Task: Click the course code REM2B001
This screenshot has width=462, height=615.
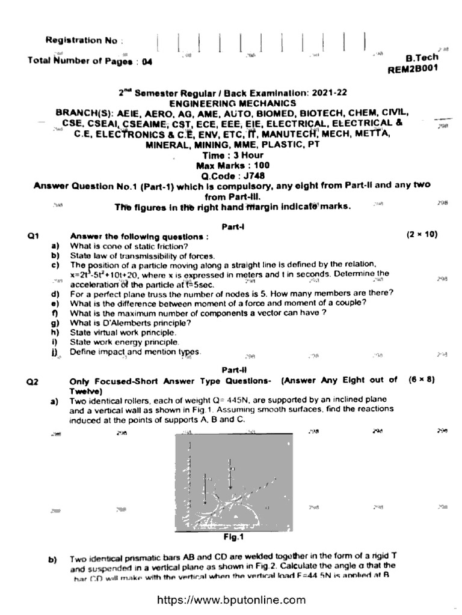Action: (x=414, y=69)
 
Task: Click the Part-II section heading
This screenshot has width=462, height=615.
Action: (x=232, y=371)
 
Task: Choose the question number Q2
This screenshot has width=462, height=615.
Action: (x=34, y=381)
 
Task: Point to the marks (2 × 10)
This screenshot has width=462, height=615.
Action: (x=421, y=235)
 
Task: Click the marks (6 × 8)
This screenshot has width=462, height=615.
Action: (x=421, y=380)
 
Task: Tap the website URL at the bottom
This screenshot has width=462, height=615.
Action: (x=232, y=601)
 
